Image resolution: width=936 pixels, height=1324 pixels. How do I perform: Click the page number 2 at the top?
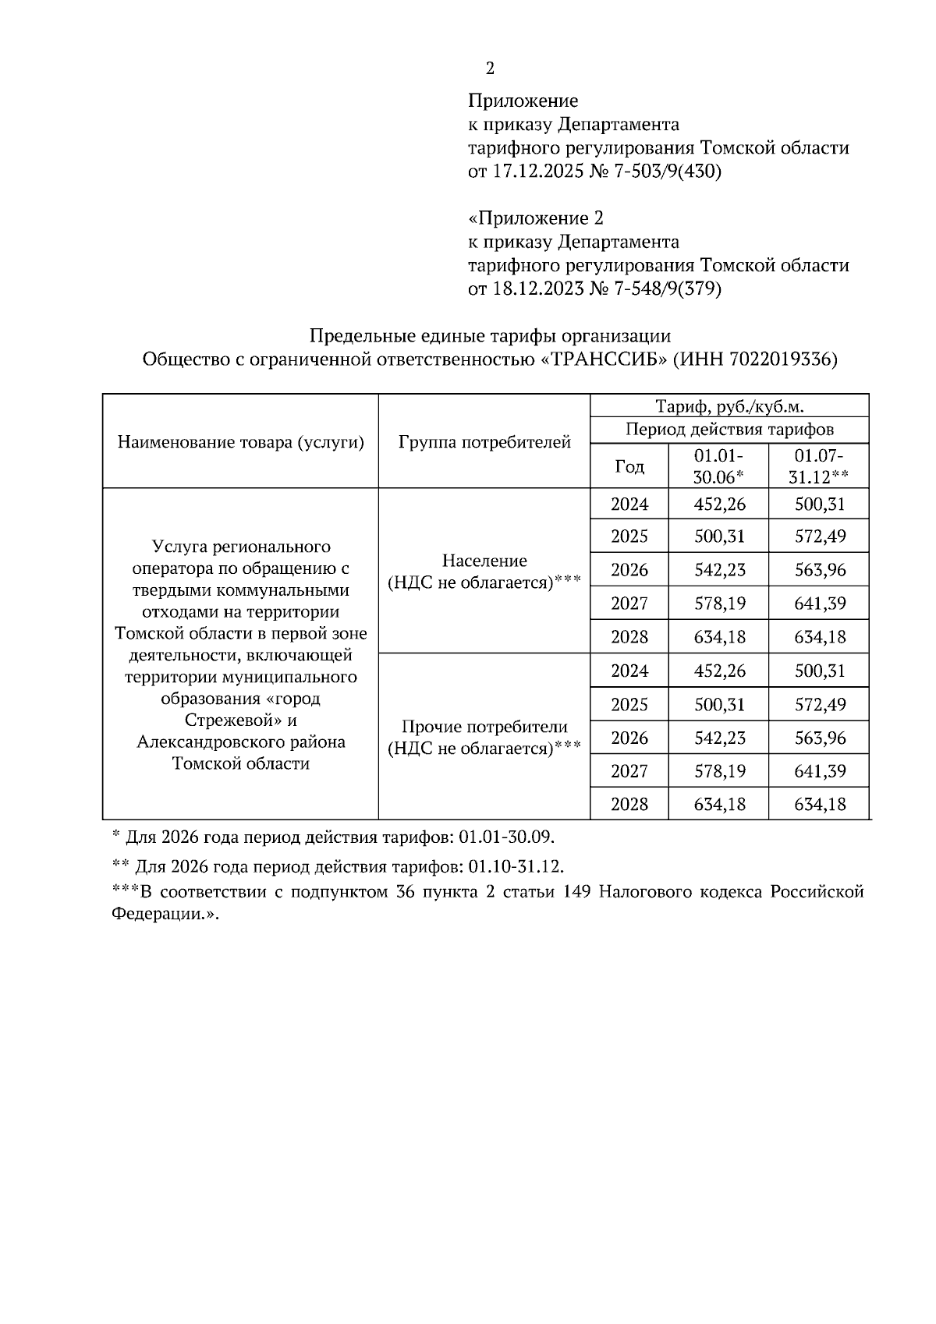tap(490, 69)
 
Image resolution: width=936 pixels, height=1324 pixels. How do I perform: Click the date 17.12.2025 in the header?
tap(536, 171)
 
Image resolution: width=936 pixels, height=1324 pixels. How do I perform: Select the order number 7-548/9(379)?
tap(666, 289)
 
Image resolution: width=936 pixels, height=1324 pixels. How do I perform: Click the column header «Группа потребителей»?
tap(484, 442)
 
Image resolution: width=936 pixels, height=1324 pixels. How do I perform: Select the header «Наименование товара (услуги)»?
tap(241, 442)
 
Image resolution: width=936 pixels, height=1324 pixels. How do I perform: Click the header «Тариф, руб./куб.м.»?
tap(729, 405)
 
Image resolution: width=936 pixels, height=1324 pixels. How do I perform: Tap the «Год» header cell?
tap(629, 466)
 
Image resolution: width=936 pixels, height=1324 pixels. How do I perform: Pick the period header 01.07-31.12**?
tap(818, 466)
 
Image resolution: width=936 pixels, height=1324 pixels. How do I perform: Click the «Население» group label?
tap(484, 561)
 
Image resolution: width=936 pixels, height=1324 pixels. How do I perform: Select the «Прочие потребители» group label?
tap(484, 727)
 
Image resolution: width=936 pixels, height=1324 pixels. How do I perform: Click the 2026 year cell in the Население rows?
tap(629, 570)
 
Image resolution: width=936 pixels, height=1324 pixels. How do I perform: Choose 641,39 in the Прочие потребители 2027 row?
tap(819, 771)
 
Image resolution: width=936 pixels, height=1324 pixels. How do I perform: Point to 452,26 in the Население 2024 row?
tap(719, 504)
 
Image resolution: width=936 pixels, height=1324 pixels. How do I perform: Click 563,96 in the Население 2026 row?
tap(819, 570)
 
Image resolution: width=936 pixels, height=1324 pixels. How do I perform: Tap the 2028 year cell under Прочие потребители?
tap(629, 804)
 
